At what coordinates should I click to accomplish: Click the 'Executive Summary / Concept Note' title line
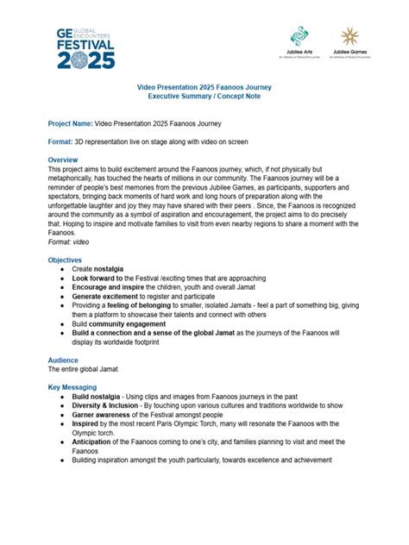coord(204,97)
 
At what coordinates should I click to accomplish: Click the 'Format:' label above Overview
coord(60,140)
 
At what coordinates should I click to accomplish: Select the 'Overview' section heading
coord(63,160)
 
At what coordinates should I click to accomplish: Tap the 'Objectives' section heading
coord(65,260)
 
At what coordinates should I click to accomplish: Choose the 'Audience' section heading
coord(63,359)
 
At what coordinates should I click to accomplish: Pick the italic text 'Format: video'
coord(68,241)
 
